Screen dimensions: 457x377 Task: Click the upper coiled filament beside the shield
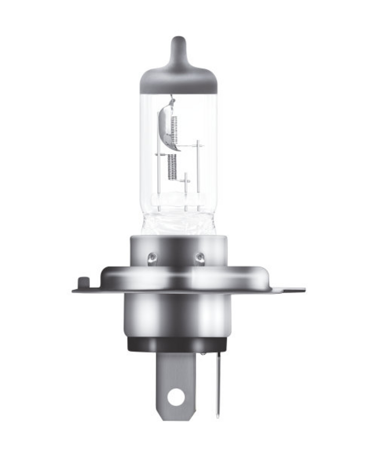174,129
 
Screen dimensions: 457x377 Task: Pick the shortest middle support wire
185,192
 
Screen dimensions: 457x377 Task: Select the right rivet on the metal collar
200,257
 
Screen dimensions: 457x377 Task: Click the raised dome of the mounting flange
183,276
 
